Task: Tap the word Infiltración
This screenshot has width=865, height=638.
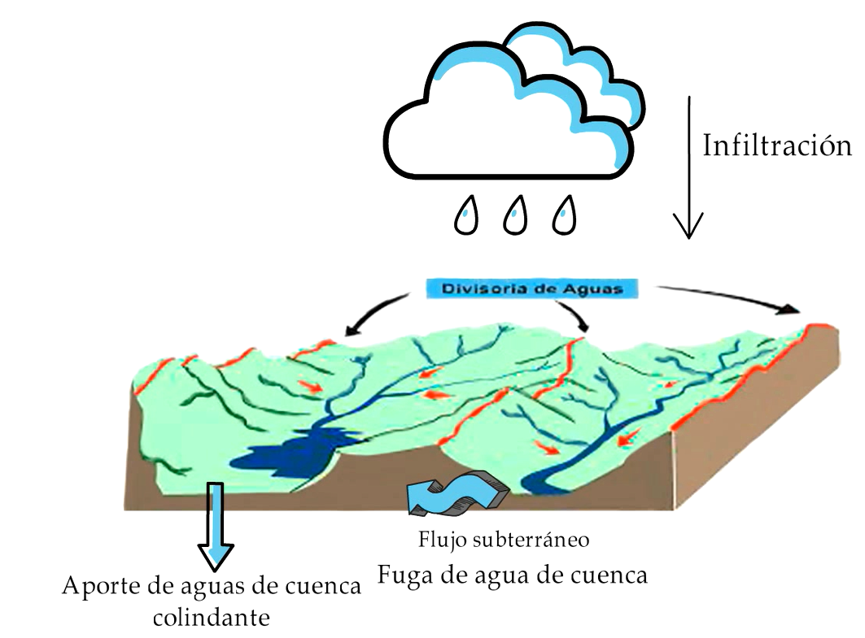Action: [777, 146]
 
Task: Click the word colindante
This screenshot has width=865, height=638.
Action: [212, 617]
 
